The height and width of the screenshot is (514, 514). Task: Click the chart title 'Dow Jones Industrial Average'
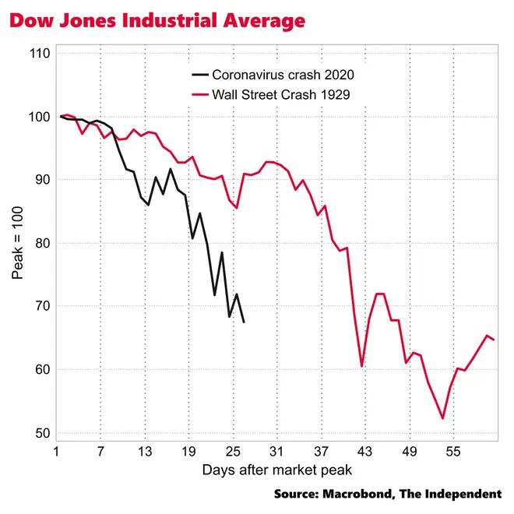(157, 21)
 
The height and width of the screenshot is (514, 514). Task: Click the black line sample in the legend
(200, 76)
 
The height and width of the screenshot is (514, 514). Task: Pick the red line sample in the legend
(200, 94)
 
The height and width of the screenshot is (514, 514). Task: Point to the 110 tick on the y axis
(42, 54)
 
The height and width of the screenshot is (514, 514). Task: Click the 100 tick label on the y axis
(42, 117)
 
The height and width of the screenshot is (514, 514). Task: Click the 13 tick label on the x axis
(145, 452)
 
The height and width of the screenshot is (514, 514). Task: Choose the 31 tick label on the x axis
(276, 452)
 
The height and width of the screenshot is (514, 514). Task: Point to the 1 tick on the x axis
(57, 452)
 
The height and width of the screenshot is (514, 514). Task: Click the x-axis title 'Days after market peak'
(276, 470)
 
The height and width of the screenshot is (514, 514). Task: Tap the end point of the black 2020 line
(244, 322)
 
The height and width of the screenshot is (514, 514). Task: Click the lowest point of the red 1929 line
(442, 418)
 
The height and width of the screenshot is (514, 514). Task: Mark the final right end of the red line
(494, 340)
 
